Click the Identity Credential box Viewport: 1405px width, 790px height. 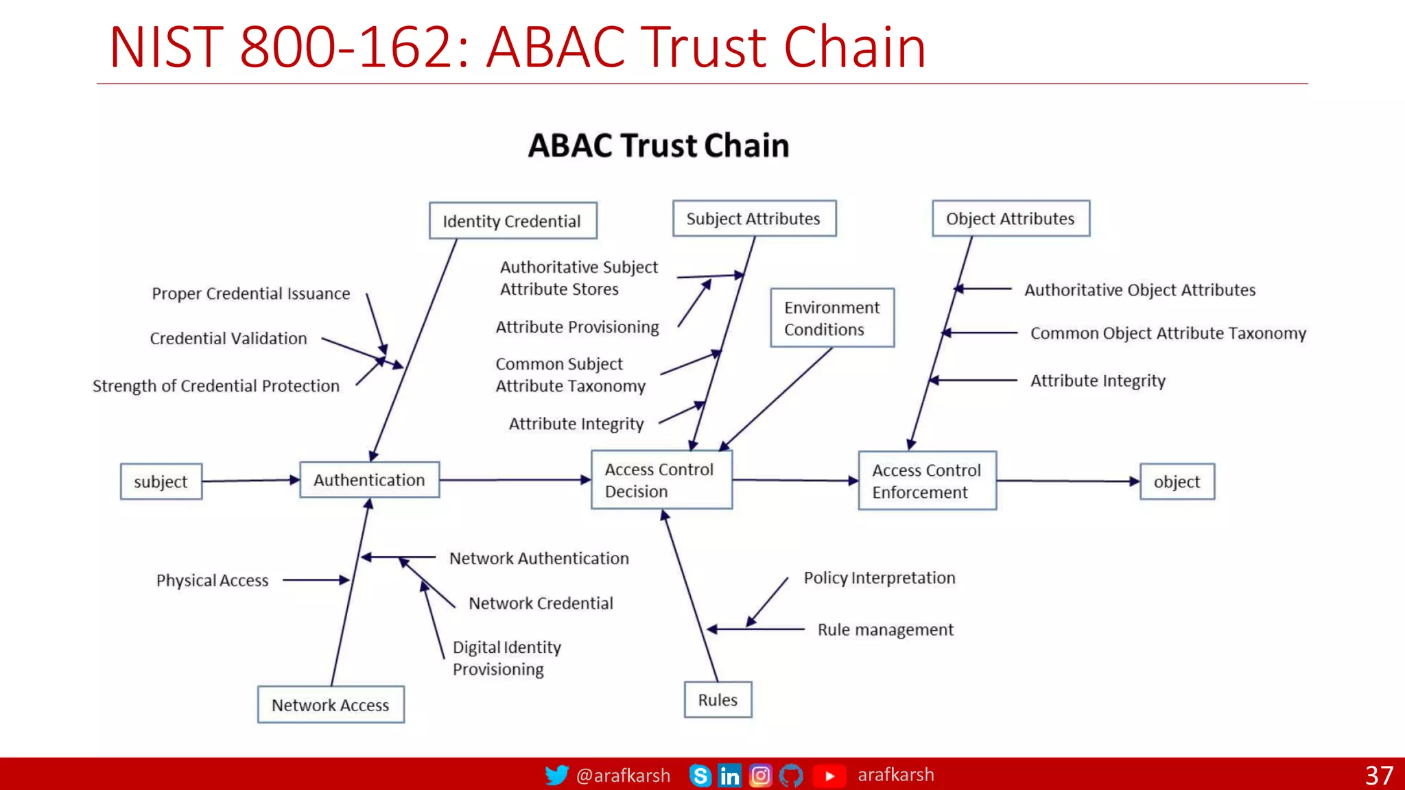(512, 221)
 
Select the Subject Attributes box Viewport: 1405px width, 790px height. (754, 219)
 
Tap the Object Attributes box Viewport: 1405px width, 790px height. (1011, 219)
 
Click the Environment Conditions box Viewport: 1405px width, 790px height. (831, 318)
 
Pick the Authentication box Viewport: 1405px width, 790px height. (369, 480)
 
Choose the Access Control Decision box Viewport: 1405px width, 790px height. (661, 480)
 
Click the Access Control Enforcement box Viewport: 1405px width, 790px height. (927, 481)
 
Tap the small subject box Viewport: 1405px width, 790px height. (161, 481)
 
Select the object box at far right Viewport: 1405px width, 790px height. (1177, 481)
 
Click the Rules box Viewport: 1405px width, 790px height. (718, 699)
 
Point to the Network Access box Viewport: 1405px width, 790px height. (331, 705)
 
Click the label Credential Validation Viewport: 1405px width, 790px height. (228, 338)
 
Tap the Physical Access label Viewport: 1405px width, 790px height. (212, 580)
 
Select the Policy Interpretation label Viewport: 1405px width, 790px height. (879, 577)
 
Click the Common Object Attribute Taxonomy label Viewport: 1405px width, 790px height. (1168, 333)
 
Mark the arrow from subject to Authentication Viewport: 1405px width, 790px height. (250, 481)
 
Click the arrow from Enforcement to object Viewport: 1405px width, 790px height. (1067, 481)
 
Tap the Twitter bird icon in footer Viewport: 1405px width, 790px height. (556, 775)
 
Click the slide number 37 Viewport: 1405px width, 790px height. (1378, 776)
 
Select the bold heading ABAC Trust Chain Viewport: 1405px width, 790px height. (659, 145)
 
